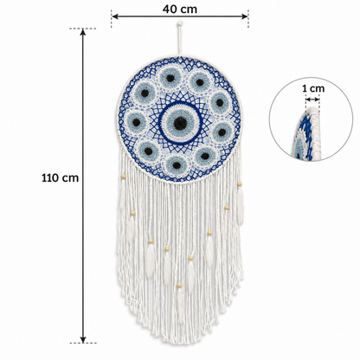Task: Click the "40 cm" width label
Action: (180, 10)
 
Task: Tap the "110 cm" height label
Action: (60, 177)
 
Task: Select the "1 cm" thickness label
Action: (313, 88)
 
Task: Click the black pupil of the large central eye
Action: (180, 123)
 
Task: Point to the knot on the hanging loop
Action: (180, 22)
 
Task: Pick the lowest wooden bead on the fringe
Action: (179, 286)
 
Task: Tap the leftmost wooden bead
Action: (124, 177)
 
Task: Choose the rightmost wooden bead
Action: (240, 183)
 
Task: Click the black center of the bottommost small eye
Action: (177, 165)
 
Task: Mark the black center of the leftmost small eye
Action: (137, 122)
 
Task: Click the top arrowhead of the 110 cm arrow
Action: (83, 32)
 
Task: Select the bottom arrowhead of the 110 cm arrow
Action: (83, 339)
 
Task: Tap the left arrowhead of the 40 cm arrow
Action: (115, 16)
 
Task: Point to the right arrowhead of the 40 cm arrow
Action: (245, 16)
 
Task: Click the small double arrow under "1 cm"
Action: (312, 100)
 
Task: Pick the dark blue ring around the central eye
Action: (180, 103)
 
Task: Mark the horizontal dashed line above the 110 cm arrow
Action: (82, 29)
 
